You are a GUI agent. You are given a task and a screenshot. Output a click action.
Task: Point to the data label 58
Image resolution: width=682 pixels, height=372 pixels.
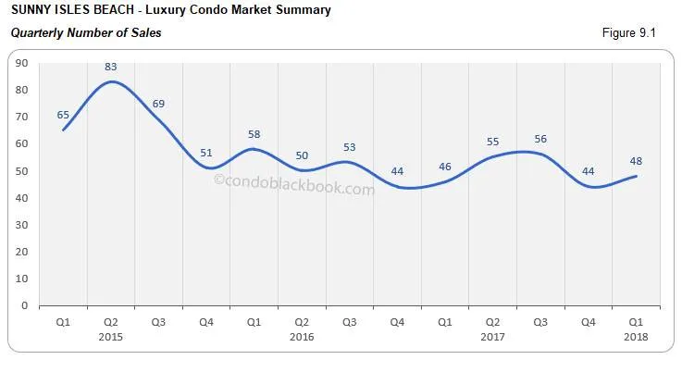pyautogui.click(x=254, y=134)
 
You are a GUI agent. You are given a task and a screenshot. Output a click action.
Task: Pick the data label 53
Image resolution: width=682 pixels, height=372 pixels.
pyautogui.click(x=350, y=147)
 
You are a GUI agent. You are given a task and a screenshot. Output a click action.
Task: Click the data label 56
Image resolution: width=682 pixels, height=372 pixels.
pyautogui.click(x=540, y=139)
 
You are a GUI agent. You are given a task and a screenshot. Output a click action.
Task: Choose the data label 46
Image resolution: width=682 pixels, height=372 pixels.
pyautogui.click(x=445, y=166)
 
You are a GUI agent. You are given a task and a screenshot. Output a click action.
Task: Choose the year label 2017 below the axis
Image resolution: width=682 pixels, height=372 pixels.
pyautogui.click(x=492, y=337)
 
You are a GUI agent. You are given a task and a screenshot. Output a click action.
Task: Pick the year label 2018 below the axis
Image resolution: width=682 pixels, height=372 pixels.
pyautogui.click(x=635, y=337)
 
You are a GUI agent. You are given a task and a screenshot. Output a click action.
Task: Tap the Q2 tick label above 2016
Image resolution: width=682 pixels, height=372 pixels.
pyautogui.click(x=302, y=321)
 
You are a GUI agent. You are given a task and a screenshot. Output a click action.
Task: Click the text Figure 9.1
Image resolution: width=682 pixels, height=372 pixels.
pyautogui.click(x=628, y=33)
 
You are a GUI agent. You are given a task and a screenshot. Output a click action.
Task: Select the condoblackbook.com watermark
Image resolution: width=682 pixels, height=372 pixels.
pyautogui.click(x=294, y=187)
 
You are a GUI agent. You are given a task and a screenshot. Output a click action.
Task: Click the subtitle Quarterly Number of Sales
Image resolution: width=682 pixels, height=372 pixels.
pyautogui.click(x=85, y=33)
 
